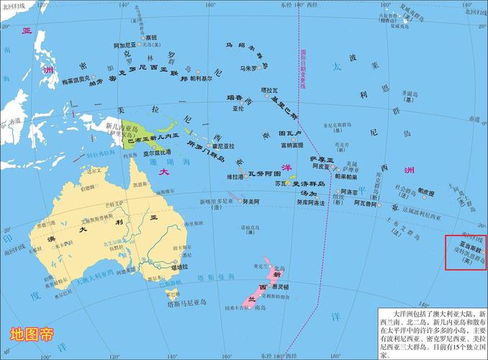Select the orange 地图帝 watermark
point(31,335)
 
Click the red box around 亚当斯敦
point(466,252)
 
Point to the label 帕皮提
point(427,194)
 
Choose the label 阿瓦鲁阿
point(364,203)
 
